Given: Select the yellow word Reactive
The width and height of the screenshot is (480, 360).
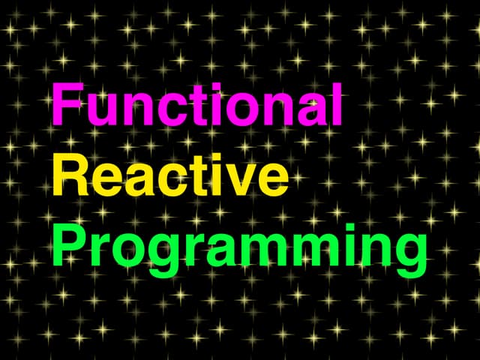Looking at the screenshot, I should [170, 178].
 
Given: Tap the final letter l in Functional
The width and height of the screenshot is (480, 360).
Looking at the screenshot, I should [337, 105].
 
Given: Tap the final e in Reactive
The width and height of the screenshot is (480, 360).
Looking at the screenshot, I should [272, 182].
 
